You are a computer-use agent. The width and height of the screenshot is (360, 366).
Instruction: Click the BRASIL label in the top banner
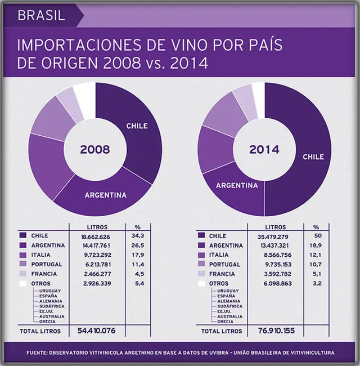(41, 16)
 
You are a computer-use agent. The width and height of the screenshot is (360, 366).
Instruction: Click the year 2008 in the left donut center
(95, 149)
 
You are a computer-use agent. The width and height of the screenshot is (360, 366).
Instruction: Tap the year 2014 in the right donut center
(264, 149)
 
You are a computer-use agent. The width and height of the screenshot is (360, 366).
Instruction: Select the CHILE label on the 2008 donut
(137, 126)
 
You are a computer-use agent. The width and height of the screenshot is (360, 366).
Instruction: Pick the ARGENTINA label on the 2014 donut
(237, 186)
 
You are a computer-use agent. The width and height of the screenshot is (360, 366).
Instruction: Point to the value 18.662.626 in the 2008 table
(96, 236)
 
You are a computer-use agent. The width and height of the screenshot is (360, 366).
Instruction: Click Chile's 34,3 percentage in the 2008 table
(138, 236)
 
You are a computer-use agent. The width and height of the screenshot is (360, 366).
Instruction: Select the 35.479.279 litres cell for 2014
(273, 236)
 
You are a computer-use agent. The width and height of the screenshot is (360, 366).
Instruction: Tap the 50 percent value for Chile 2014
(318, 236)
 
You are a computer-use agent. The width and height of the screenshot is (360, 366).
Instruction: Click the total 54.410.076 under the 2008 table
(97, 331)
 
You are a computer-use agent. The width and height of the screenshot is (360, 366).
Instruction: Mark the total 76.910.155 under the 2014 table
(276, 331)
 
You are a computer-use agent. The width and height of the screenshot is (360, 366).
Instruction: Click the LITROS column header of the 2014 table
(276, 227)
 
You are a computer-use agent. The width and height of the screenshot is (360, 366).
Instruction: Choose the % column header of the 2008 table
(138, 227)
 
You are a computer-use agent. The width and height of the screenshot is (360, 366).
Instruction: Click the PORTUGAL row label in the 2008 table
(47, 265)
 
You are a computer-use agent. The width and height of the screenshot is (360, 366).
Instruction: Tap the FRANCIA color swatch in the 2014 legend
(201, 274)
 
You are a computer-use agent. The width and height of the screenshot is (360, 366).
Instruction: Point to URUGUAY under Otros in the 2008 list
(50, 291)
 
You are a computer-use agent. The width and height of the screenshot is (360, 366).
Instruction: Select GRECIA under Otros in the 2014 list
(225, 322)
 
